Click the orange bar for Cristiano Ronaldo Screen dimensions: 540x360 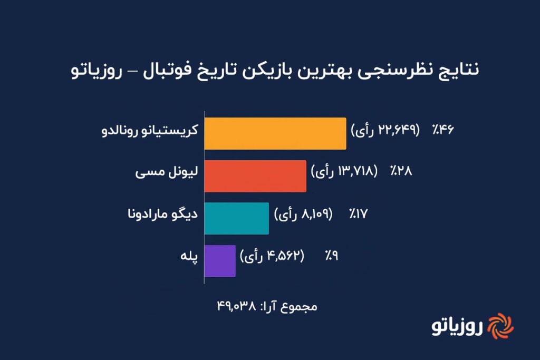click(x=275, y=133)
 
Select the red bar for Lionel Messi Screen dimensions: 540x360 click(x=255, y=176)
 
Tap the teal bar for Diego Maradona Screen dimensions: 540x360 click(x=237, y=219)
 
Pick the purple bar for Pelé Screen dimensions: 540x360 click(x=220, y=261)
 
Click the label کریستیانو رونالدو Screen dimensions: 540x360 click(x=150, y=130)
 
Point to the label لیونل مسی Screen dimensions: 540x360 click(x=167, y=171)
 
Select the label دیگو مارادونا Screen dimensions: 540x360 click(x=162, y=213)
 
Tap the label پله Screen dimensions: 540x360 click(x=189, y=256)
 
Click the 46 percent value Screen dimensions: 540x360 click(x=443, y=130)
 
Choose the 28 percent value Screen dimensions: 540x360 click(x=401, y=171)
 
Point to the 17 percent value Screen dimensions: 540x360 click(x=359, y=214)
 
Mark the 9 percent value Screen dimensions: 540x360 click(x=331, y=256)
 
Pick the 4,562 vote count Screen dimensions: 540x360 click(x=284, y=256)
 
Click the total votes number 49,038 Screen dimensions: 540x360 click(x=236, y=306)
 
